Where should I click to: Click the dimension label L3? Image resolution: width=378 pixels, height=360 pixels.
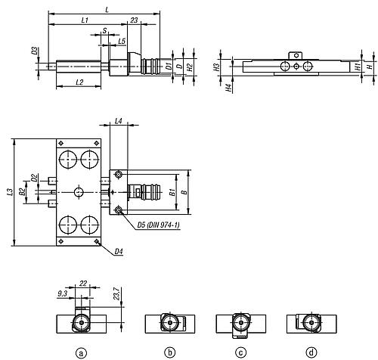(x=10, y=192)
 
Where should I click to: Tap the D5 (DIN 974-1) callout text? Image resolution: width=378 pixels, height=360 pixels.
(x=159, y=225)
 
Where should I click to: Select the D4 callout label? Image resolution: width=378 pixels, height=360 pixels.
(x=119, y=251)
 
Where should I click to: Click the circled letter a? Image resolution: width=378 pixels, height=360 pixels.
(x=81, y=352)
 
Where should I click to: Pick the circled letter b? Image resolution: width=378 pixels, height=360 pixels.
(x=170, y=352)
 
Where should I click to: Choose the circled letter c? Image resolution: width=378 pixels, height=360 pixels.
(x=240, y=352)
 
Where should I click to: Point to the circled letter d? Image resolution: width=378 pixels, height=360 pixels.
(x=311, y=352)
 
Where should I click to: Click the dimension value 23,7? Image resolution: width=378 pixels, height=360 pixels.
(x=116, y=293)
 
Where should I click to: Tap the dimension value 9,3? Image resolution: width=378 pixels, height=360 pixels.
(x=63, y=293)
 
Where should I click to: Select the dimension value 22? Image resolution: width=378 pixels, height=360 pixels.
(x=83, y=284)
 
